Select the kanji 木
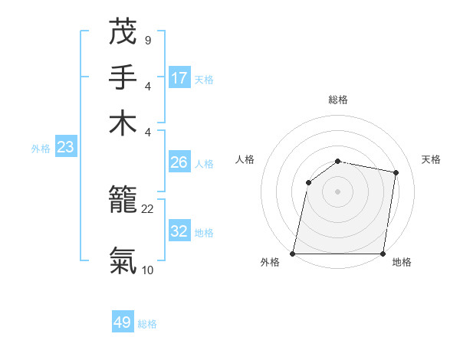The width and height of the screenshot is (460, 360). (123, 123)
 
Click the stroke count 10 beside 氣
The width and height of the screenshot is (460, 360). (147, 269)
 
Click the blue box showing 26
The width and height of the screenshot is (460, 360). (179, 162)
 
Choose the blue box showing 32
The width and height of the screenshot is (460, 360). (179, 231)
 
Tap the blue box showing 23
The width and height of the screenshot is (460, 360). (65, 147)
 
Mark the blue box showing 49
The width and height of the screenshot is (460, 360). (123, 322)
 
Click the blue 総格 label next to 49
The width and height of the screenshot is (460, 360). (147, 324)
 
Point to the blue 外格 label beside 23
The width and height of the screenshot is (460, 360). (41, 149)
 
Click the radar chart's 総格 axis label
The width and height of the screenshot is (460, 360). (338, 100)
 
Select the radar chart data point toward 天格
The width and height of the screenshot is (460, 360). (396, 173)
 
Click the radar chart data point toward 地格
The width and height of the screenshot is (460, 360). (383, 254)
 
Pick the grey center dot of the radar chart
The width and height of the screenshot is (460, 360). (338, 191)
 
